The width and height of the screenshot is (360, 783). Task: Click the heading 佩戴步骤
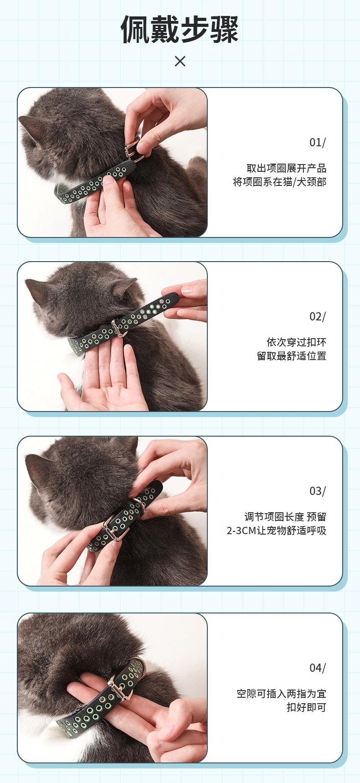180,30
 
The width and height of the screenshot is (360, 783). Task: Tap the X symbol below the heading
180,61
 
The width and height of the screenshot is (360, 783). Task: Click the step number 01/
318,143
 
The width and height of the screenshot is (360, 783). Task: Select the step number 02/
318,317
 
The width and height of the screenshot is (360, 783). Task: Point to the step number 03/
318,491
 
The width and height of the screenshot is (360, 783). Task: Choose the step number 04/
318,668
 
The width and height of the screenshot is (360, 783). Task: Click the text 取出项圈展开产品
287,168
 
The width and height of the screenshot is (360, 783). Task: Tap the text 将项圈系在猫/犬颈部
280,182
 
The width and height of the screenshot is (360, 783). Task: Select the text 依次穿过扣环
297,342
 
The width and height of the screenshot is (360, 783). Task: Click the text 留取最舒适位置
292,356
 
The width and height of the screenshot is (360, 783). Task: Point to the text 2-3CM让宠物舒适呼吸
277,531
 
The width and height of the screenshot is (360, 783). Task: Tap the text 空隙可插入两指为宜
282,694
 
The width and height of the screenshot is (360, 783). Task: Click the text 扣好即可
307,707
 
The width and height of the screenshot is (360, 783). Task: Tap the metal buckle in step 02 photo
118,328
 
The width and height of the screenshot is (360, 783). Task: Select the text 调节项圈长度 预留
285,517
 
